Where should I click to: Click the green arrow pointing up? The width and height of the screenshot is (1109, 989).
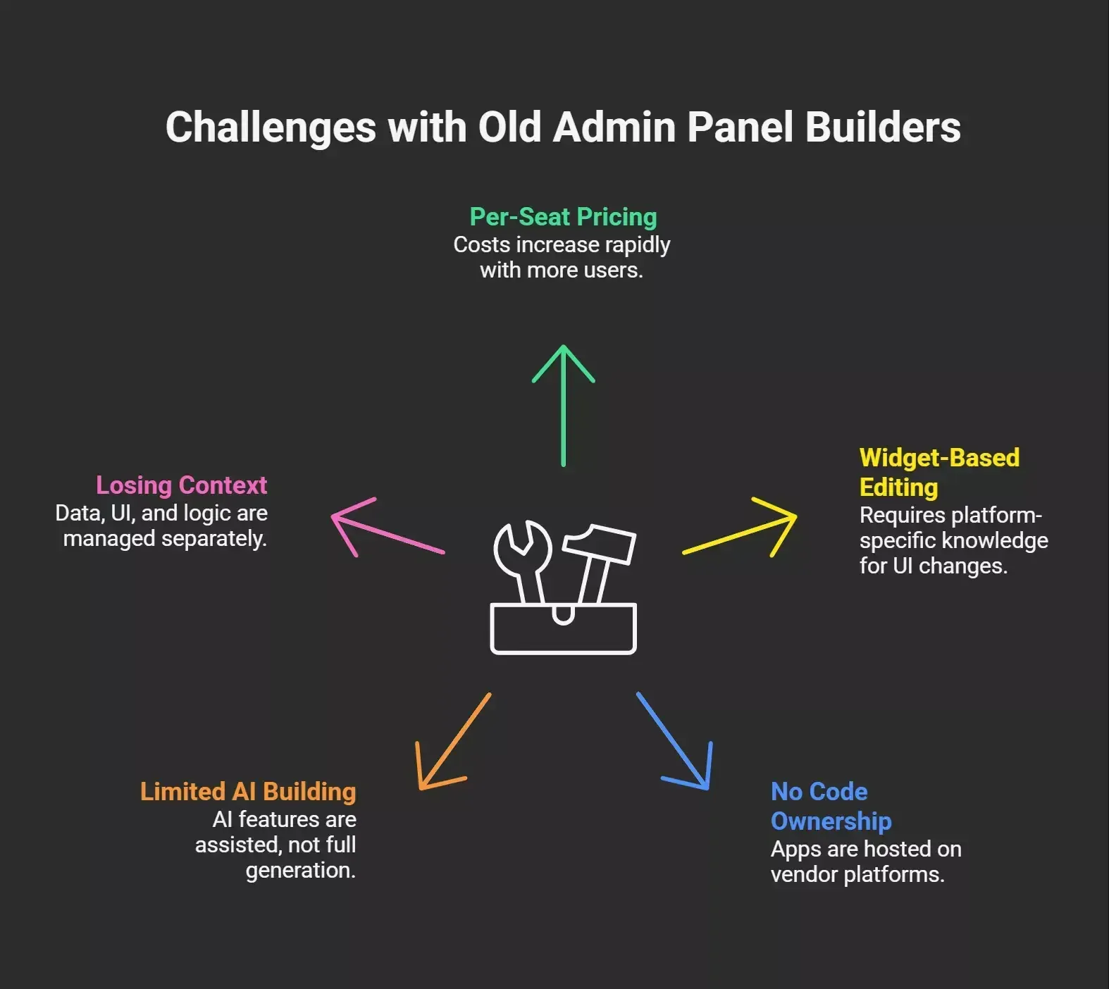coord(563,406)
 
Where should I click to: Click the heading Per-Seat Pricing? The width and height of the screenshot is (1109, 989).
coord(563,217)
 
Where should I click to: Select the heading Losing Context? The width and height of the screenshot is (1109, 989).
coord(181,485)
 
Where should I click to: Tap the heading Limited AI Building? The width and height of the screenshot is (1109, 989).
coord(248,792)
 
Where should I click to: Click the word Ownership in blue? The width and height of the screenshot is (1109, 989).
coord(831,821)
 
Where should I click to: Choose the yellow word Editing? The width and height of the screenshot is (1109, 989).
coord(898,487)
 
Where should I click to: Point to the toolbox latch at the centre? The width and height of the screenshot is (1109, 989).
coord(563,614)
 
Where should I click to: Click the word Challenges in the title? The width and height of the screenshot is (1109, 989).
coord(271,127)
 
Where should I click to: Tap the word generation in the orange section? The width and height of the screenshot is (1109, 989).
coord(300,871)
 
